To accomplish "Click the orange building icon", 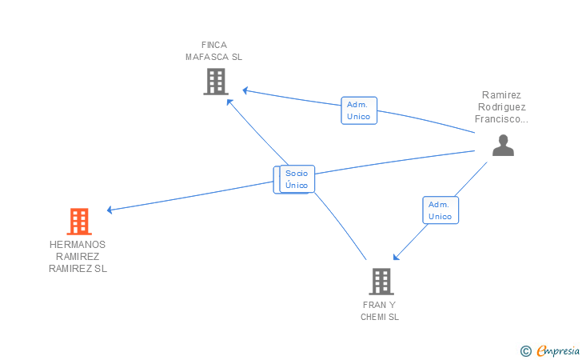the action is [79, 222].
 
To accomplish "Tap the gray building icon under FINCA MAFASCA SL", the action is [216, 82].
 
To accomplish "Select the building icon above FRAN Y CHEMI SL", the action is [381, 282].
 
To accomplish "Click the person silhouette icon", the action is [503, 146].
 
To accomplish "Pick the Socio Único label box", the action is [297, 179].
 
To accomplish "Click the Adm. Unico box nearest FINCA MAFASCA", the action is [359, 110].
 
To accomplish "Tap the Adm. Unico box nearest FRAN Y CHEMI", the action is [440, 210].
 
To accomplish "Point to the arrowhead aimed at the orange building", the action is [110, 210].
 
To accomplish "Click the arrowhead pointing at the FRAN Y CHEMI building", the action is [396, 257].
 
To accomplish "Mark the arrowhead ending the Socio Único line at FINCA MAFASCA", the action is [229, 102].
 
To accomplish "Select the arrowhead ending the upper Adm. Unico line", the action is [245, 90].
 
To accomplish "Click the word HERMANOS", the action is [78, 245].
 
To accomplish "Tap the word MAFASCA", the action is [208, 57].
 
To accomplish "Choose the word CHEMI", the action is [374, 317].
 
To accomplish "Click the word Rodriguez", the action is [502, 107].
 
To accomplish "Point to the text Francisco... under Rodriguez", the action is [501, 119].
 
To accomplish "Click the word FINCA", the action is [214, 45].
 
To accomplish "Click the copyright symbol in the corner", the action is [525, 350].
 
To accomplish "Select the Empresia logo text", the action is [558, 350].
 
